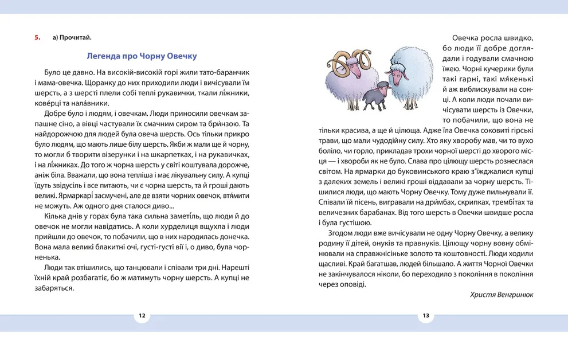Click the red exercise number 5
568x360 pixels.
(37, 38)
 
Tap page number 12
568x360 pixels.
(142, 315)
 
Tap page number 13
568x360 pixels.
(426, 315)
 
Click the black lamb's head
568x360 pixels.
(382, 87)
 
